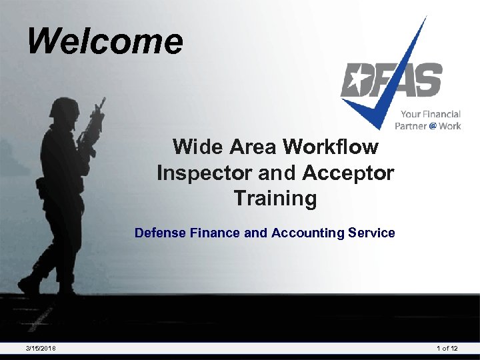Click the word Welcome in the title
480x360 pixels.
pos(105,41)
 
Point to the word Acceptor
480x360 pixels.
pos(348,173)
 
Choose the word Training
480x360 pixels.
pos(275,199)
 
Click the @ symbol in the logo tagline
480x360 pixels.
pos(433,126)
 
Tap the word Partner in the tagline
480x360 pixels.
pos(411,126)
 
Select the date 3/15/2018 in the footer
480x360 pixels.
pos(41,349)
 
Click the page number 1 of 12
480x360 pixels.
pos(447,349)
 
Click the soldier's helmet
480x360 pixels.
pos(65,108)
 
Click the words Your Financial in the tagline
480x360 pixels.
pos(430,115)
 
